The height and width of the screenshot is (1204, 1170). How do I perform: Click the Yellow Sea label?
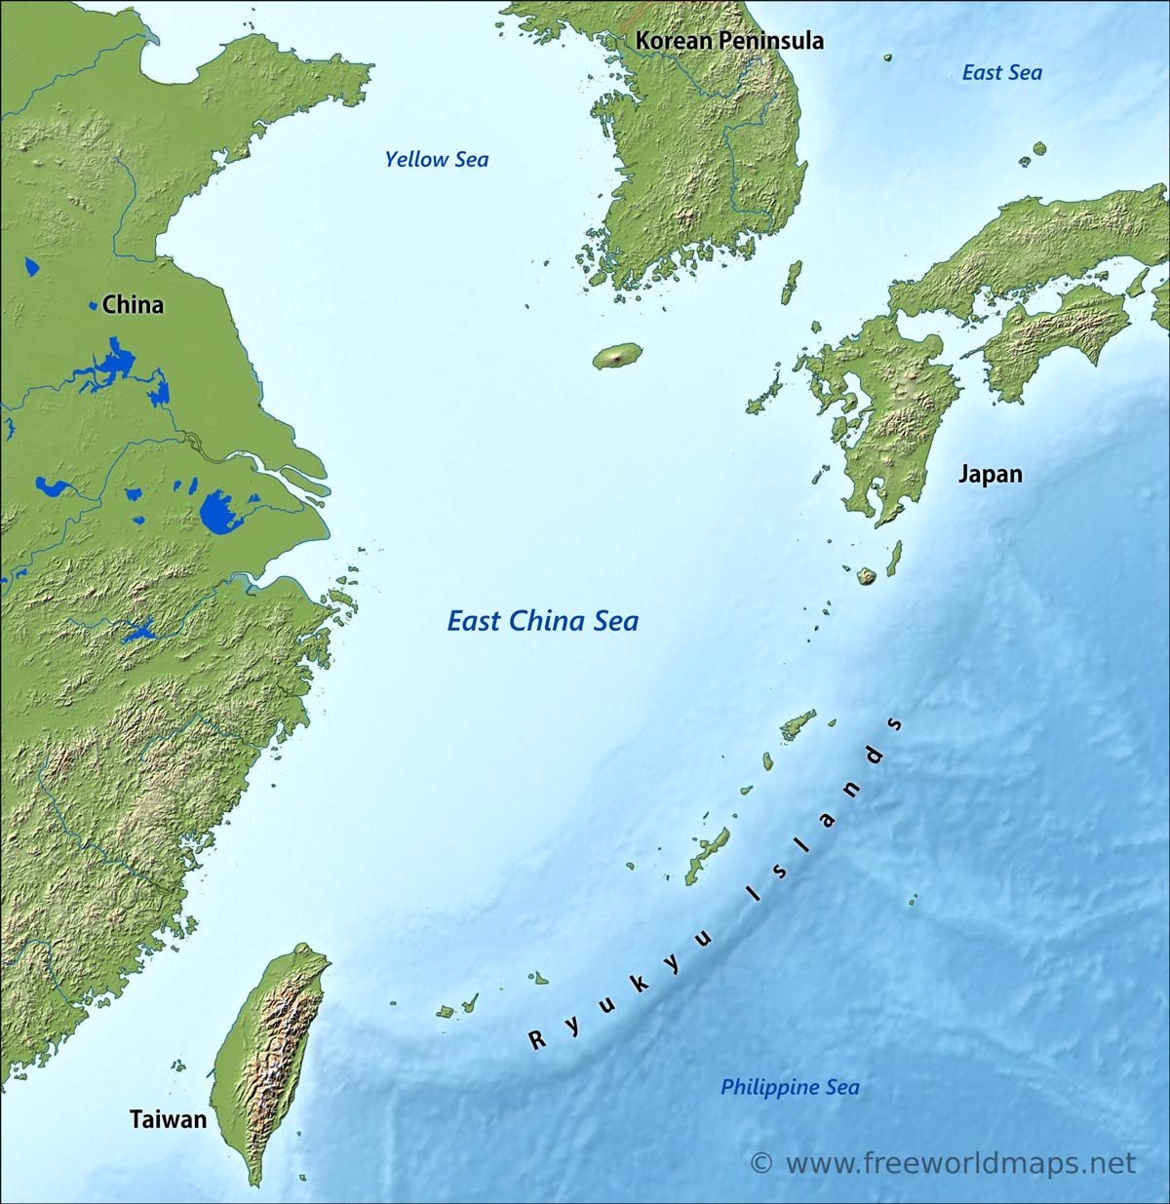(436, 160)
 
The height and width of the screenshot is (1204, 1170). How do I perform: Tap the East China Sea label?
(542, 621)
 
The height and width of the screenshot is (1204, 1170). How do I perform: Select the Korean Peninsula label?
(729, 41)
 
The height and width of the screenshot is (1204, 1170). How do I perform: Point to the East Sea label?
(1001, 73)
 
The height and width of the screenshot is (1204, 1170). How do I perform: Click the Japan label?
(990, 475)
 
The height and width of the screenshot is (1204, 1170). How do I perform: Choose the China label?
(133, 305)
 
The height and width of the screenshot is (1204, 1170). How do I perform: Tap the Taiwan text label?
(169, 1119)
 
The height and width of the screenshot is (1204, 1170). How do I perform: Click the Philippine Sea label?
(790, 1087)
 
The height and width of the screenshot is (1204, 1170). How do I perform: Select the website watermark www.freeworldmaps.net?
(960, 1163)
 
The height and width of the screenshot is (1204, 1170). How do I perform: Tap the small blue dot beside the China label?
(94, 306)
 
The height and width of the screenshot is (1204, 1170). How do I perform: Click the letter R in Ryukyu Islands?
(537, 1040)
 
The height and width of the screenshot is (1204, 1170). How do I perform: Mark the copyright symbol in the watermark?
(761, 1164)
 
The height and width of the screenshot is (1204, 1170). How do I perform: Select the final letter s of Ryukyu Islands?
(894, 724)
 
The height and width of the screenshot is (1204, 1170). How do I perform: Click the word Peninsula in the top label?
(771, 41)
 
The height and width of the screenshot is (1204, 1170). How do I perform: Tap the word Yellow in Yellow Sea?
(416, 160)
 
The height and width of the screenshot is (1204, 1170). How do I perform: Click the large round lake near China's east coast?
(221, 512)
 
